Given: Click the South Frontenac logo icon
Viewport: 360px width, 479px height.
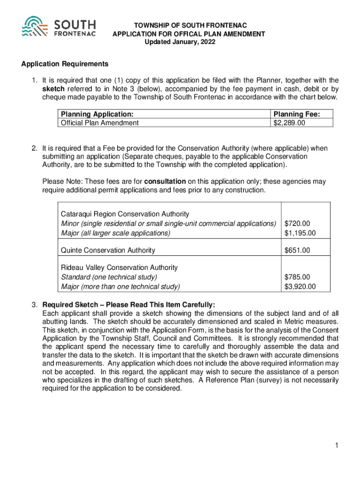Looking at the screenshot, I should [37, 28].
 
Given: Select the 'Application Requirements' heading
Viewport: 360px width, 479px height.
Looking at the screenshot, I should [65, 64].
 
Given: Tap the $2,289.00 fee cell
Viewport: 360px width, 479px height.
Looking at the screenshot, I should [289, 123].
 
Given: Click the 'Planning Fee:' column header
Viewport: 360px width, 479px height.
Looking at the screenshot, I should [296, 114].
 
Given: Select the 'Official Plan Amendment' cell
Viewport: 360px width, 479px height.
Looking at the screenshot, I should [100, 123].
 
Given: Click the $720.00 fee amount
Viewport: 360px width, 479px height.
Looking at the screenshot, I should [297, 224].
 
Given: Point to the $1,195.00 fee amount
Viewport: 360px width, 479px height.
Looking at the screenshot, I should [300, 232].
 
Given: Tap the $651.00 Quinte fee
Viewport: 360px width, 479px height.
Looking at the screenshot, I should [297, 250].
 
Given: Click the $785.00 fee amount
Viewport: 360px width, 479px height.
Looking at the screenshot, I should [297, 277].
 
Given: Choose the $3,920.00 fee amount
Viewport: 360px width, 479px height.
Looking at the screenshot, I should [300, 286].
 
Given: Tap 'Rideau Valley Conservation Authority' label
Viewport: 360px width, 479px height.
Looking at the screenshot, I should [119, 268].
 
